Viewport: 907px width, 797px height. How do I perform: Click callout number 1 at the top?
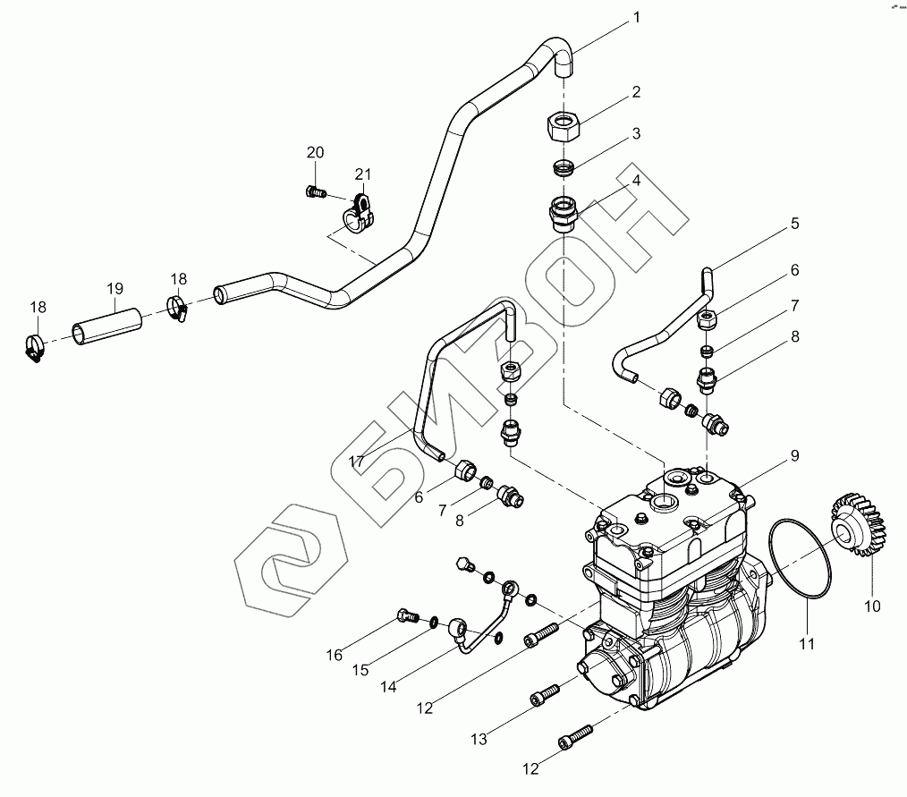click(x=637, y=18)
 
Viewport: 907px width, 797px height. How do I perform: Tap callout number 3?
click(x=635, y=134)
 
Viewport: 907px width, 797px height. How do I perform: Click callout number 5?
click(x=793, y=225)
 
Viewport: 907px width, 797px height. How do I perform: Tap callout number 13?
click(x=479, y=739)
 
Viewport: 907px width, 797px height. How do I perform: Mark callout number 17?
click(x=357, y=462)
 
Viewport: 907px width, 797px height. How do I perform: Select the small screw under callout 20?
click(x=313, y=190)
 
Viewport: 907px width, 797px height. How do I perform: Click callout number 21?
click(x=361, y=174)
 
